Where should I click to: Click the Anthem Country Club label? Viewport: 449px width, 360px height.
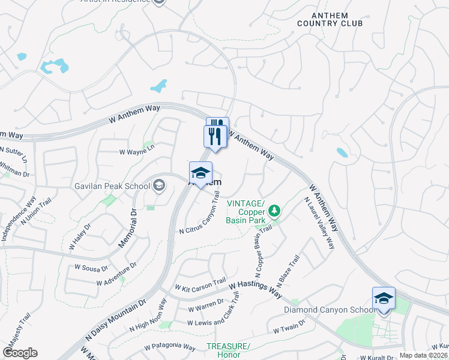point(330,19)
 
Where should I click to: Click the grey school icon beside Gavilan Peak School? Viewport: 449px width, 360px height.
point(159,185)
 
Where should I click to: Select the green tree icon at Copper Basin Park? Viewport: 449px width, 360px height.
point(274,210)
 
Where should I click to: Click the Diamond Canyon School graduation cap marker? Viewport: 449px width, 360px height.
point(384,298)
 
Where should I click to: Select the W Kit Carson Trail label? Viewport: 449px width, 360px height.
point(200,284)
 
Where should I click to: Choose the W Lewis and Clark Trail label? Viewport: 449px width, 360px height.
point(221,313)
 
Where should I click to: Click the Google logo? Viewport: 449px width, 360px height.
point(20,353)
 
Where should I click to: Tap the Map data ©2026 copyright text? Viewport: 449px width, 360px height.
point(423,355)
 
